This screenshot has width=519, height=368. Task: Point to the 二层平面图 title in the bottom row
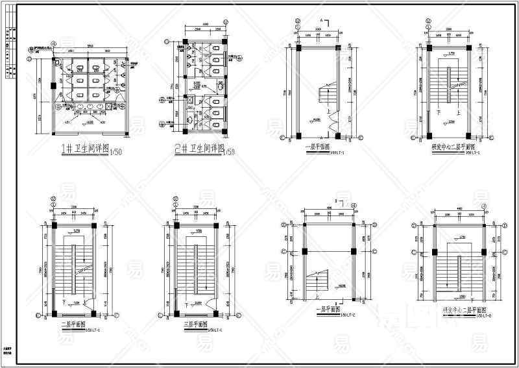pyautogui.click(x=71, y=325)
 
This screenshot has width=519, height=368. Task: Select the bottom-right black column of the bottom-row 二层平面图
pyautogui.click(x=95, y=315)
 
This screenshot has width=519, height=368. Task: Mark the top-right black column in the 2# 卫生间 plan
pyautogui.click(x=224, y=42)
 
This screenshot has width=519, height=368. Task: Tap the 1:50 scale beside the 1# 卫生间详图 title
pyautogui.click(x=115, y=152)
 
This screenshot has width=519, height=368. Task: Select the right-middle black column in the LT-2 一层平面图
pyautogui.click(x=354, y=251)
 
